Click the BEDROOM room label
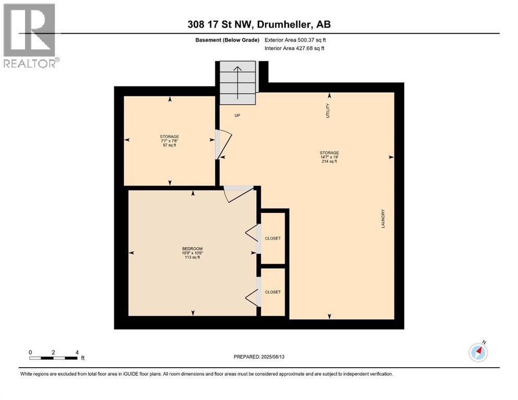[x=192, y=248]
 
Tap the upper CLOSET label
[x=273, y=238]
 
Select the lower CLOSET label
[x=273, y=292]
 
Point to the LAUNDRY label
[x=383, y=219]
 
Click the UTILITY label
[x=328, y=110]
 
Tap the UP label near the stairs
[x=237, y=116]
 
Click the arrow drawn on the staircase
[x=237, y=82]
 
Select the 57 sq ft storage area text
[x=170, y=145]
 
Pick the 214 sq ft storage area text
[x=329, y=161]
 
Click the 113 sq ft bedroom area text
[x=192, y=257]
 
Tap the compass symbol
[x=478, y=352]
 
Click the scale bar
[x=54, y=358]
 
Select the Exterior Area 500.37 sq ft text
[x=295, y=40]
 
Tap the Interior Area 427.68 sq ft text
[x=294, y=48]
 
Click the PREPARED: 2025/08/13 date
[x=259, y=357]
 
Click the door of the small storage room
[x=223, y=144]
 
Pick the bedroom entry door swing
[x=238, y=194]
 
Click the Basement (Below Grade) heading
[x=227, y=40]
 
